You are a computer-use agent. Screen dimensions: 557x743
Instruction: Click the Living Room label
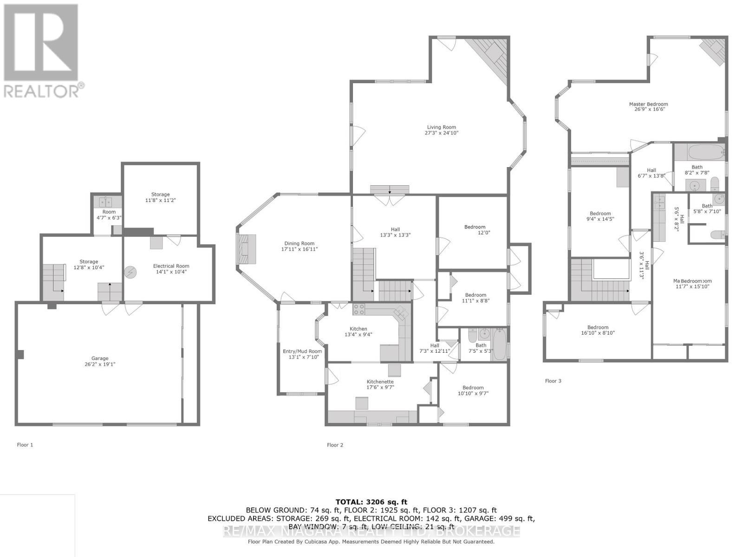[442, 127]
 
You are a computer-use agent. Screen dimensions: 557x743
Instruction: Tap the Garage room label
[100, 358]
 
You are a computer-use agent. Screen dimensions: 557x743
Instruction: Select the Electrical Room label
[171, 266]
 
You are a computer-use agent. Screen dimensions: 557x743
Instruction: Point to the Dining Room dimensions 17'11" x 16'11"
[300, 249]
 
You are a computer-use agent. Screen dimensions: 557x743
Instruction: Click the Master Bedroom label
[648, 104]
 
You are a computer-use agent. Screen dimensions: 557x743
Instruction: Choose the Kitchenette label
[380, 382]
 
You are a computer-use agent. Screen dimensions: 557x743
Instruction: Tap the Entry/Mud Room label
[302, 351]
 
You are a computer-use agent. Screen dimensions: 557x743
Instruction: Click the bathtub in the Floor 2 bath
[500, 344]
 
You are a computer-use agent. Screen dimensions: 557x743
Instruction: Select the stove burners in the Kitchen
[358, 309]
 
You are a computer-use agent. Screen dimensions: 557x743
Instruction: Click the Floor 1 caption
[25, 445]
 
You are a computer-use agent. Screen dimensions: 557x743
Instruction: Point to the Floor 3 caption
[553, 381]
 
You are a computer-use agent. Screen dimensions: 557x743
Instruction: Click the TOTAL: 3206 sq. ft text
[371, 502]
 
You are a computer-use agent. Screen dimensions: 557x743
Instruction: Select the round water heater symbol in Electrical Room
[131, 272]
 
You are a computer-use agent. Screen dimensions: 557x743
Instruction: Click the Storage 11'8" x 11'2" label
[160, 197]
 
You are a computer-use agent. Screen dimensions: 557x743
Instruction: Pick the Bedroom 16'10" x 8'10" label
[598, 330]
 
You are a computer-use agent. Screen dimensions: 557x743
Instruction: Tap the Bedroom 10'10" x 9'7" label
[473, 390]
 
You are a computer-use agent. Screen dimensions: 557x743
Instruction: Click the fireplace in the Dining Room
[247, 249]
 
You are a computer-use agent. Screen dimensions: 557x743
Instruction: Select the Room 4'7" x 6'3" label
[109, 214]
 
